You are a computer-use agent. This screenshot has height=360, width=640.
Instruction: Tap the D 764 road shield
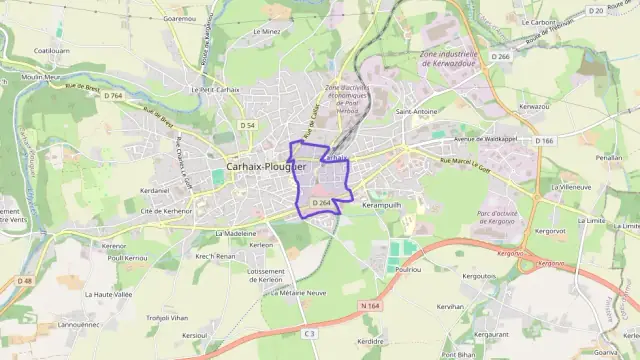pyautogui.click(x=112, y=95)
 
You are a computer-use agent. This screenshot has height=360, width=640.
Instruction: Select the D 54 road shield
pyautogui.click(x=248, y=124)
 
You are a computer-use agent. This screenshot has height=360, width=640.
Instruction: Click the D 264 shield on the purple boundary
pyautogui.click(x=320, y=203)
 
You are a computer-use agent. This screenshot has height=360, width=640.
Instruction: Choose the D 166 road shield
pyautogui.click(x=544, y=141)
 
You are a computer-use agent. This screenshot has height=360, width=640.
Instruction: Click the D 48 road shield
pyautogui.click(x=24, y=281)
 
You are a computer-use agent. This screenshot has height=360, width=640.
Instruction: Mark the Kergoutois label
pyautogui.click(x=480, y=275)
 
